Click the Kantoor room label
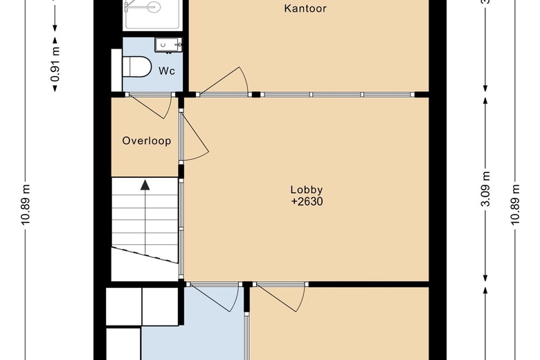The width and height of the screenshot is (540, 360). (x=305, y=8)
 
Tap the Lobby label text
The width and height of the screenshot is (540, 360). (x=307, y=190)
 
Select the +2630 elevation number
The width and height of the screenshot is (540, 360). (x=307, y=201)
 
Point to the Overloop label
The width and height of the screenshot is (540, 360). (x=147, y=141)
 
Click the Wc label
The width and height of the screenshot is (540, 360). (x=167, y=71)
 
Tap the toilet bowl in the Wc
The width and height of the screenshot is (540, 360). (x=137, y=66)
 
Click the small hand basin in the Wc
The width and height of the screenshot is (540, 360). (x=168, y=45)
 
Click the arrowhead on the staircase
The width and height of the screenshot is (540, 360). (x=145, y=185)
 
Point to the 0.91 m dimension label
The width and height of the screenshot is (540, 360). (x=55, y=64)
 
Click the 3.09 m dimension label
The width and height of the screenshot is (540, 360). (x=485, y=189)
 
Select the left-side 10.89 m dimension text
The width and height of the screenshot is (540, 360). (x=26, y=205)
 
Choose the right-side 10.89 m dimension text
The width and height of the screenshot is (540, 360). (x=514, y=205)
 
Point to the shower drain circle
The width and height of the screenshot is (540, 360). (x=152, y=6)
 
